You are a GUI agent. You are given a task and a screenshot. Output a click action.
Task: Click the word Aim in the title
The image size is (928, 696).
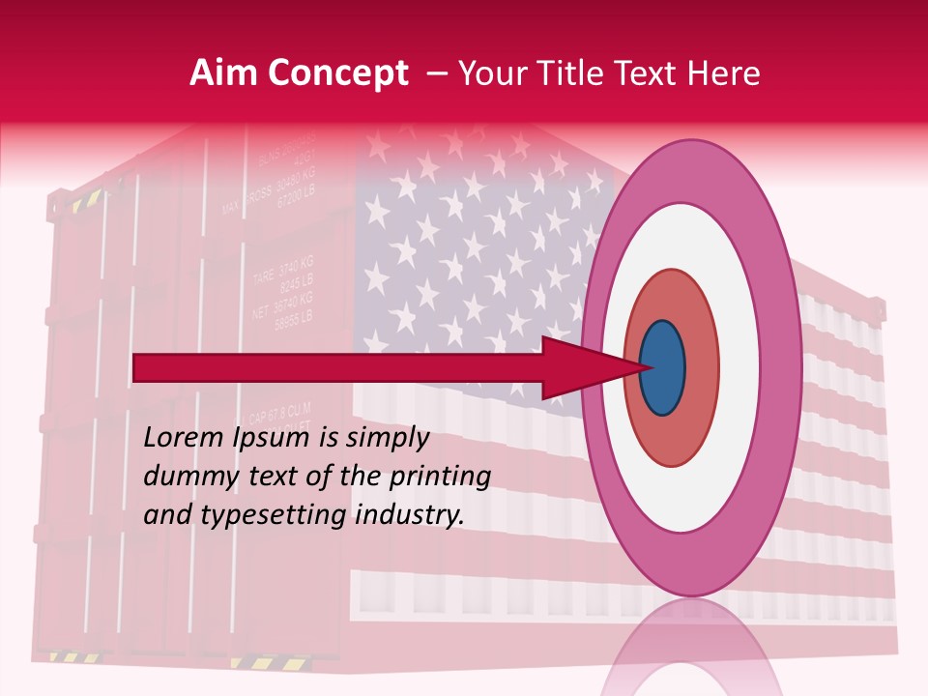tap(224, 73)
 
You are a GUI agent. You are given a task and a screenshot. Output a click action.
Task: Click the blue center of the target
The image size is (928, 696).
tap(663, 367)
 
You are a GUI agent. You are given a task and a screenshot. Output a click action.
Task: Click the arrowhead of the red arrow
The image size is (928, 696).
tap(580, 367)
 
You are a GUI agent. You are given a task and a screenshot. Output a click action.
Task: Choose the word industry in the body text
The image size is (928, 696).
tap(410, 516)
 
